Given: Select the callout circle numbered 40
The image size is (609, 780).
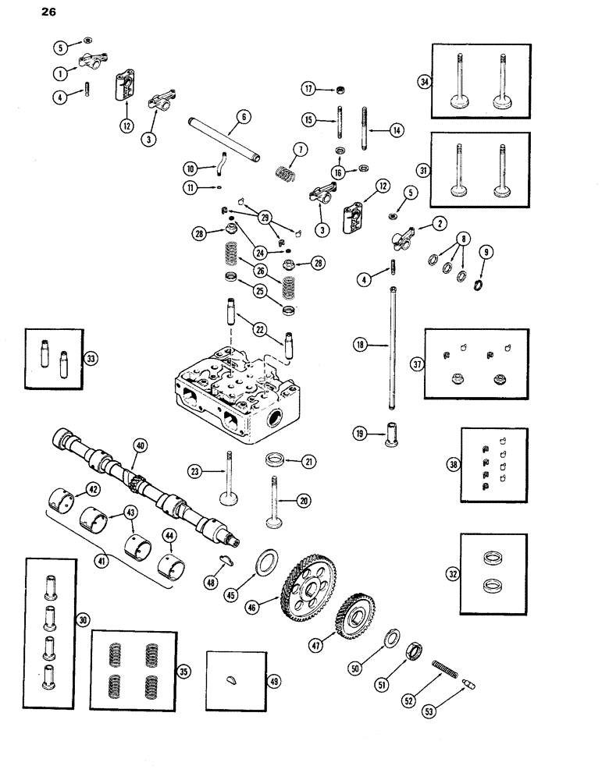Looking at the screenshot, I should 141,445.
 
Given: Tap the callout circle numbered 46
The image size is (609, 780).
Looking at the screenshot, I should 272,601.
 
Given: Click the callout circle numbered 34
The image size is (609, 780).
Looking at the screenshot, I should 426,82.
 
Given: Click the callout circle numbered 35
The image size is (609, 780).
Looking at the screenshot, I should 183,671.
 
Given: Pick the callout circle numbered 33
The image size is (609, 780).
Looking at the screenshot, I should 91,359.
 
